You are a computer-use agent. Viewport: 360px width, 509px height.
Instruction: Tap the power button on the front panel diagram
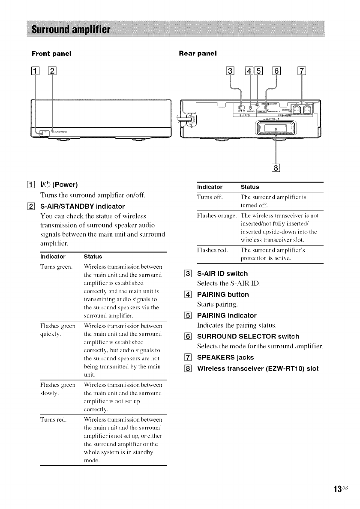click(x=42, y=132)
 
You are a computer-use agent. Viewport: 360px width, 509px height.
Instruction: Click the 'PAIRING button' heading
click(x=222, y=294)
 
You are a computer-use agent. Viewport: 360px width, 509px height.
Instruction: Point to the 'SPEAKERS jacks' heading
click(x=225, y=357)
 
